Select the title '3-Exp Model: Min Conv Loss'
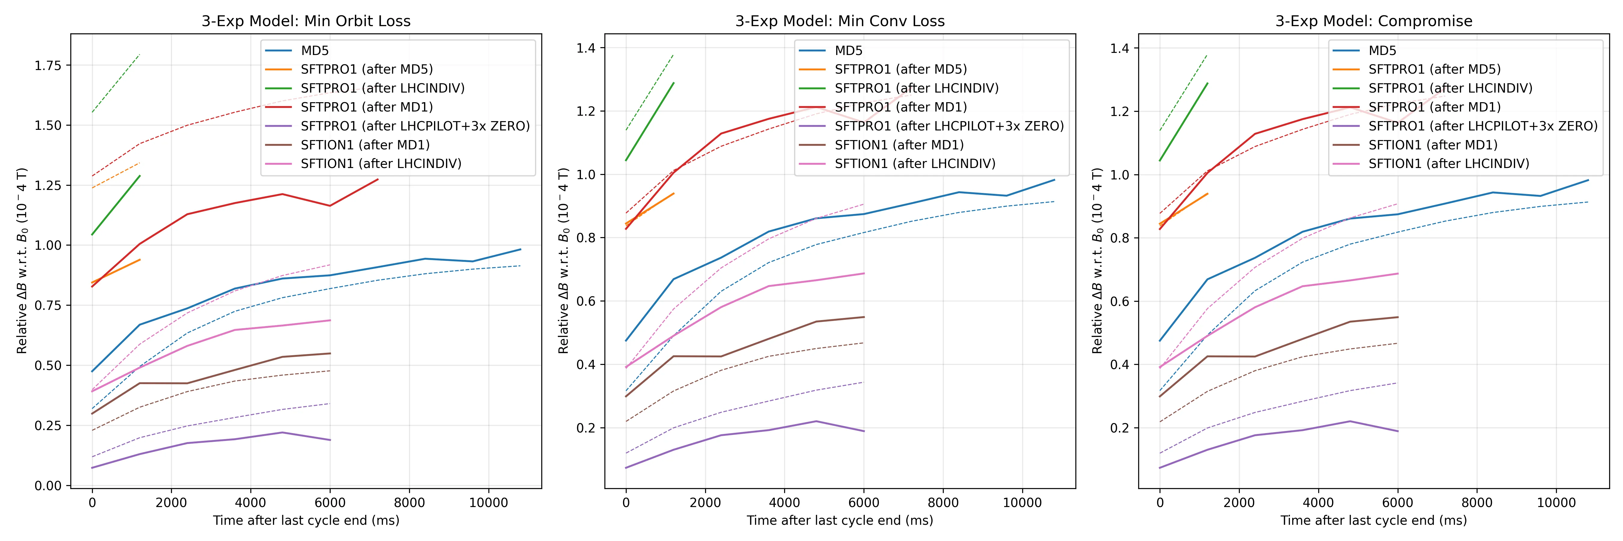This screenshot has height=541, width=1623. (840, 21)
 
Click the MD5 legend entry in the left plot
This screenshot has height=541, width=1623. (314, 50)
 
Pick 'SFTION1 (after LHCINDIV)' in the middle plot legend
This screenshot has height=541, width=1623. (915, 164)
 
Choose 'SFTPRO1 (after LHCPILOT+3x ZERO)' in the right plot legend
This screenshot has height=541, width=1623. (1483, 126)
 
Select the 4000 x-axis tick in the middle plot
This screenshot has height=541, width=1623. (784, 503)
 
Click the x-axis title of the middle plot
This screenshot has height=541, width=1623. (840, 520)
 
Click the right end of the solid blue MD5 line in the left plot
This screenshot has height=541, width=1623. (521, 249)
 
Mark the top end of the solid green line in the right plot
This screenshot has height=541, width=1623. (1207, 83)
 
